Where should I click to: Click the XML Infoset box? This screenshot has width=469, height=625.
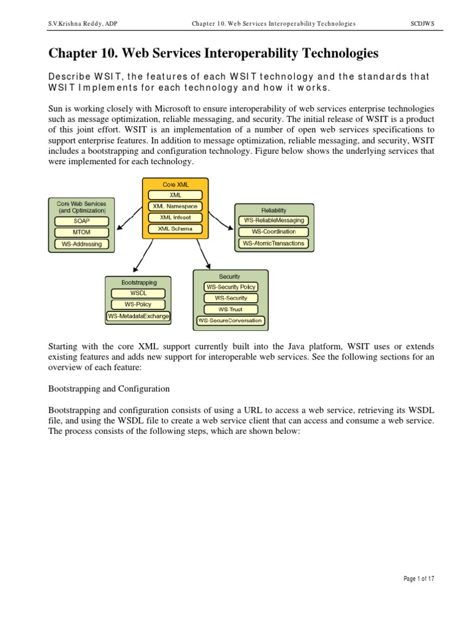pos(175,217)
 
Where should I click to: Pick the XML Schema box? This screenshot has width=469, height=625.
pos(175,228)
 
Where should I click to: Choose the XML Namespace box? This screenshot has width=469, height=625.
pos(175,206)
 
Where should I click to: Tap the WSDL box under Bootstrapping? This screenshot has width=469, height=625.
pos(138,293)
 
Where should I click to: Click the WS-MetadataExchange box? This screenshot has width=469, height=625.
pos(138,316)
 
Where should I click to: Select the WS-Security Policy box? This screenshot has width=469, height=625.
pos(231,287)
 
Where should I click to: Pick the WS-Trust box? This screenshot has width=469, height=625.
pos(231,309)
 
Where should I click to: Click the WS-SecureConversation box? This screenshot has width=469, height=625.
pos(231,320)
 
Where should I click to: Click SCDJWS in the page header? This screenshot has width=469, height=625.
pos(422,24)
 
